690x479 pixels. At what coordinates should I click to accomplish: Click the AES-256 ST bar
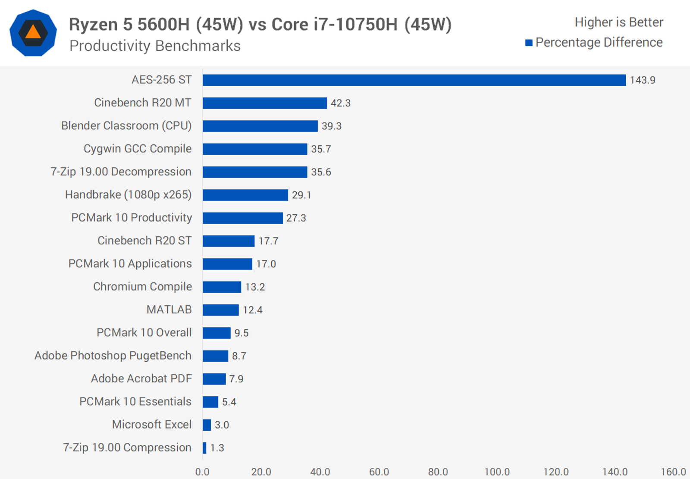pyautogui.click(x=414, y=80)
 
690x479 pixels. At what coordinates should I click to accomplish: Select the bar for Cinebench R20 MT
pyautogui.click(x=265, y=103)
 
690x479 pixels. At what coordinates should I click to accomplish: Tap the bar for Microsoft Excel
pyautogui.click(x=207, y=425)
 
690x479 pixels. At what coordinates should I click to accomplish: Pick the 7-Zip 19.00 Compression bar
pyautogui.click(x=204, y=448)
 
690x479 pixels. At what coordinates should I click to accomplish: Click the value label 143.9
pyautogui.click(x=642, y=80)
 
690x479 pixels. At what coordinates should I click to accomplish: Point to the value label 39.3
pyautogui.click(x=331, y=126)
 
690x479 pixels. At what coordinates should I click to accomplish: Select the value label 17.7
pyautogui.click(x=268, y=241)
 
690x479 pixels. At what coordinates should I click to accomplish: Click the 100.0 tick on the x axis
pyautogui.click(x=497, y=472)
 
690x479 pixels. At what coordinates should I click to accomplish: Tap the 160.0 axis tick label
pyautogui.click(x=673, y=472)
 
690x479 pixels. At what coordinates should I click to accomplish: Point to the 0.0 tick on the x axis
pyautogui.click(x=202, y=472)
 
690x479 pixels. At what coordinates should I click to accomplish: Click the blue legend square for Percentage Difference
pyautogui.click(x=529, y=43)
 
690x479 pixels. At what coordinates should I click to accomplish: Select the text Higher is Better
pyautogui.click(x=618, y=22)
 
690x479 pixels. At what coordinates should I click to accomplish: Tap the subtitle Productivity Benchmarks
pyautogui.click(x=155, y=46)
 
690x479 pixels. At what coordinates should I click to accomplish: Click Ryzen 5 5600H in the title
pyautogui.click(x=129, y=25)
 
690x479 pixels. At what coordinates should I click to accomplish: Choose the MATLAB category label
pyautogui.click(x=169, y=310)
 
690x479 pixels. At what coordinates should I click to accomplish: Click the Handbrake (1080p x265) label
pyautogui.click(x=128, y=195)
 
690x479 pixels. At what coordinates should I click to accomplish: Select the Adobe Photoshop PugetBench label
pyautogui.click(x=113, y=356)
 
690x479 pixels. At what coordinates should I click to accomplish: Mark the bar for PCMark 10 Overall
pyautogui.click(x=216, y=333)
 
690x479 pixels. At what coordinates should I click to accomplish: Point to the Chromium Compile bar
pyautogui.click(x=222, y=287)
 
